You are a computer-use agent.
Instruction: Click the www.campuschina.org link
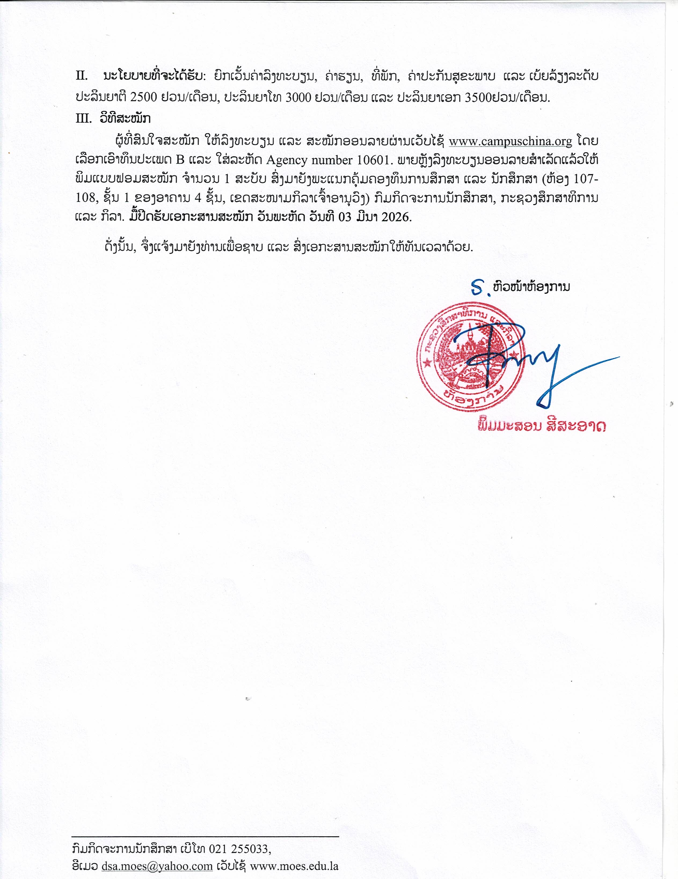tap(510, 142)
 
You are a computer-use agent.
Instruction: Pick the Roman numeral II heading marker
tap(82, 76)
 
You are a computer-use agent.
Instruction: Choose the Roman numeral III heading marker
tap(84, 119)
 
